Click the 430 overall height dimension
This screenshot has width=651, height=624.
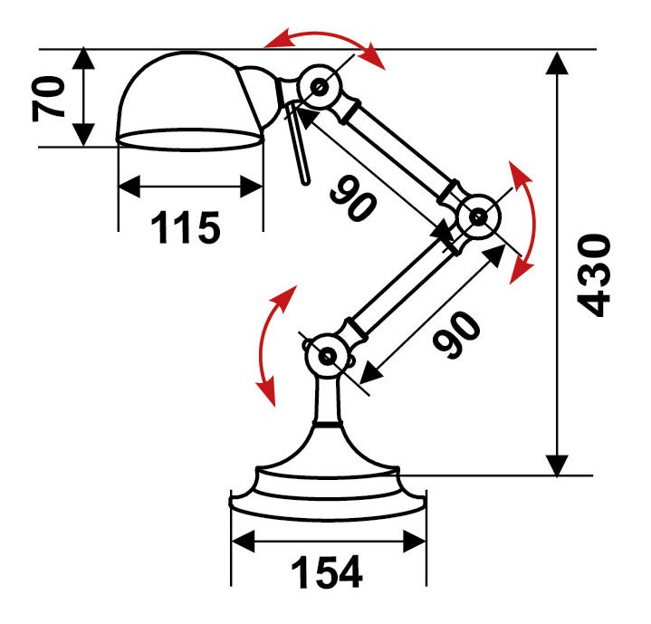pyautogui.click(x=594, y=276)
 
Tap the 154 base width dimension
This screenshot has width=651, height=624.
pyautogui.click(x=327, y=572)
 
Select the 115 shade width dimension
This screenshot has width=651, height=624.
pyautogui.click(x=186, y=227)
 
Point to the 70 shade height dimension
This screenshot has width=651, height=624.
pyautogui.click(x=49, y=99)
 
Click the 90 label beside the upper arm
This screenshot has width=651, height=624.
pyautogui.click(x=353, y=197)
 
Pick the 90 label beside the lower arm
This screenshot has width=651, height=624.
pyautogui.click(x=456, y=334)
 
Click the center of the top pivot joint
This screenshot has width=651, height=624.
pyautogui.click(x=320, y=87)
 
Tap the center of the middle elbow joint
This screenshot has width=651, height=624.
pyautogui.click(x=479, y=216)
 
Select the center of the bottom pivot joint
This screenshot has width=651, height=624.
pyautogui.click(x=328, y=356)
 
